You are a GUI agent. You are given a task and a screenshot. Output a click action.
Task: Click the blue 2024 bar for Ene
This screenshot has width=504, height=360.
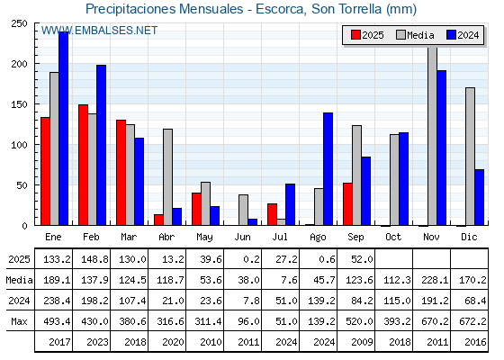click(63, 129)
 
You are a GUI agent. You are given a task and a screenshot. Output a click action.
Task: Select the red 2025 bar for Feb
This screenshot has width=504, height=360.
click(83, 165)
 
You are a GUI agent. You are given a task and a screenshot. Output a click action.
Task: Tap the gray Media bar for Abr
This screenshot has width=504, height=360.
click(167, 177)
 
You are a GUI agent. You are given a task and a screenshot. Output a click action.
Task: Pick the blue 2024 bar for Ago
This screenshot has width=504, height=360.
click(328, 169)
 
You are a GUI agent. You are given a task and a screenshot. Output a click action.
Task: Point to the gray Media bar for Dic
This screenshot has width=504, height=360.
click(470, 157)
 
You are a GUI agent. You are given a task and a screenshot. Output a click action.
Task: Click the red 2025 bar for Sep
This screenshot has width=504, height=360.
click(347, 204)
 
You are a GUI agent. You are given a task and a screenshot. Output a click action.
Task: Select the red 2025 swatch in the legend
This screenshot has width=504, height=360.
click(355, 35)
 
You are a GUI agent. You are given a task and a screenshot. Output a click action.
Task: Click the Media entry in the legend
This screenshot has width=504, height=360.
click(415, 35)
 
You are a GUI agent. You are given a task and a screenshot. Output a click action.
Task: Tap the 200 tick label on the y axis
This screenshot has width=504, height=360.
click(19, 64)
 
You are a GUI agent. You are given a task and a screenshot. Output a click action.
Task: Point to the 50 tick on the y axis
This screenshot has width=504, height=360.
click(22, 185)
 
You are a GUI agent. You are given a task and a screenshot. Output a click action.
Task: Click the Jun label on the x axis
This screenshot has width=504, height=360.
click(242, 238)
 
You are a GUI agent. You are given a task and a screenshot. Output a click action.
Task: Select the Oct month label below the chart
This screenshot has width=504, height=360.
click(393, 238)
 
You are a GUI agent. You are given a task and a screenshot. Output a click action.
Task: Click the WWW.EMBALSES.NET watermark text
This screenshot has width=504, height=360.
click(99, 31)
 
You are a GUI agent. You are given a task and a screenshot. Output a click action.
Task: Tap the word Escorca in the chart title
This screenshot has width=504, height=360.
click(279, 9)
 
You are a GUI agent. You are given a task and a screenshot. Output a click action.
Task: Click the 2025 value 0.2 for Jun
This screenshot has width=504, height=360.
click(251, 259)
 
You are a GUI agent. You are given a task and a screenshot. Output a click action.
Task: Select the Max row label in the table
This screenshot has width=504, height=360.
click(19, 321)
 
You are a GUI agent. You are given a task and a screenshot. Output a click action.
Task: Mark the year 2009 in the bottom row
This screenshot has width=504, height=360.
click(362, 342)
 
